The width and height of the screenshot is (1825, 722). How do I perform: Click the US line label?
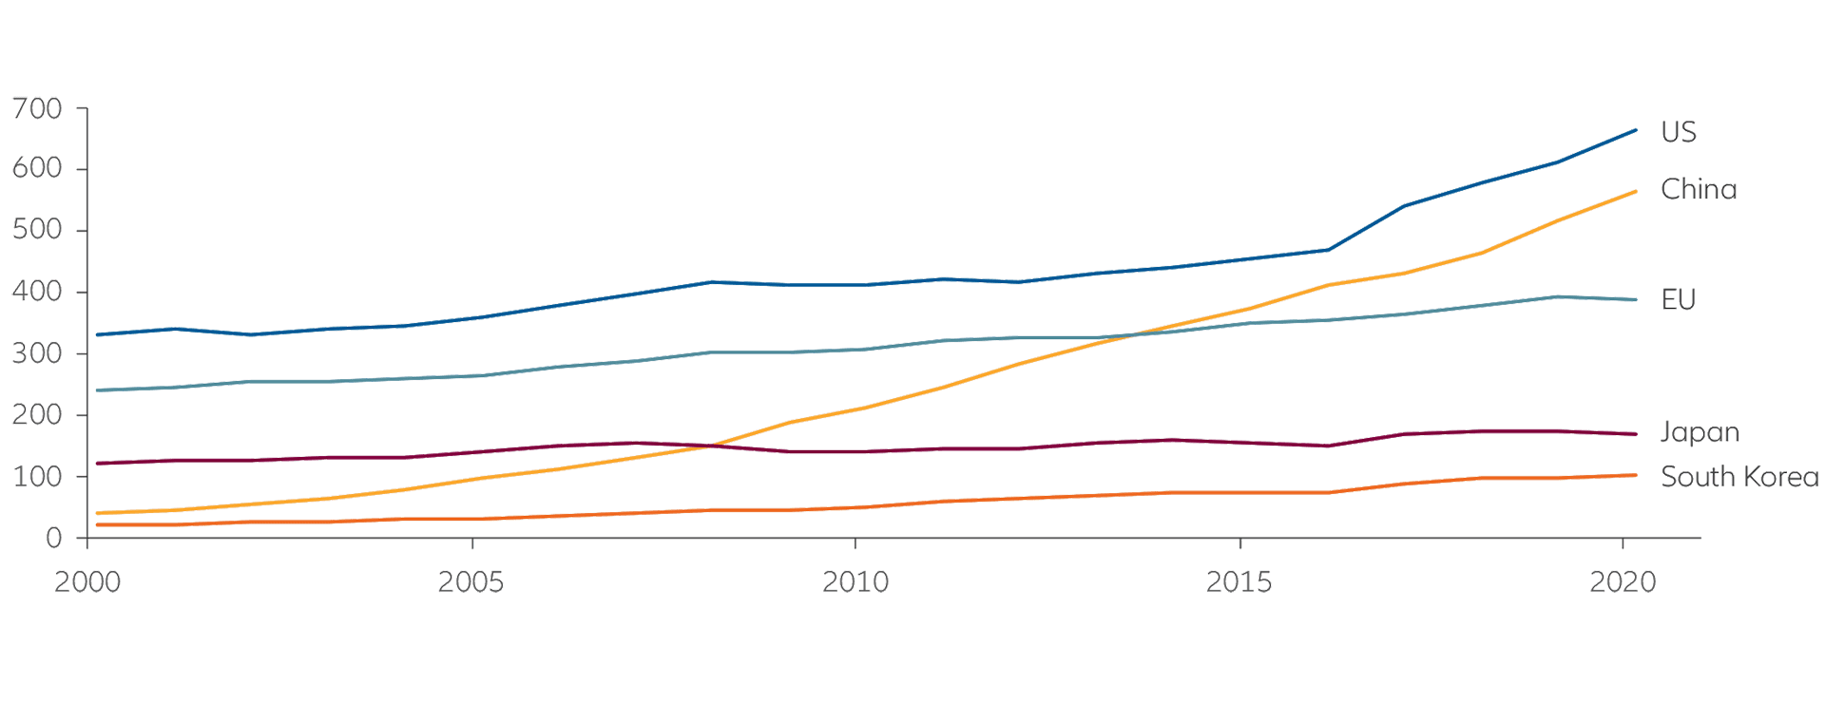pos(1678,132)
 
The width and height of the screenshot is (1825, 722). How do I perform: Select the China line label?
pos(1698,190)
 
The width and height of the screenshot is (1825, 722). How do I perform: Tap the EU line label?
pos(1678,300)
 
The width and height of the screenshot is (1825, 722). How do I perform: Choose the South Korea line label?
pos(1739,477)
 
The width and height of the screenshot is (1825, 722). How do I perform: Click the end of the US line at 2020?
pos(1635,130)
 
